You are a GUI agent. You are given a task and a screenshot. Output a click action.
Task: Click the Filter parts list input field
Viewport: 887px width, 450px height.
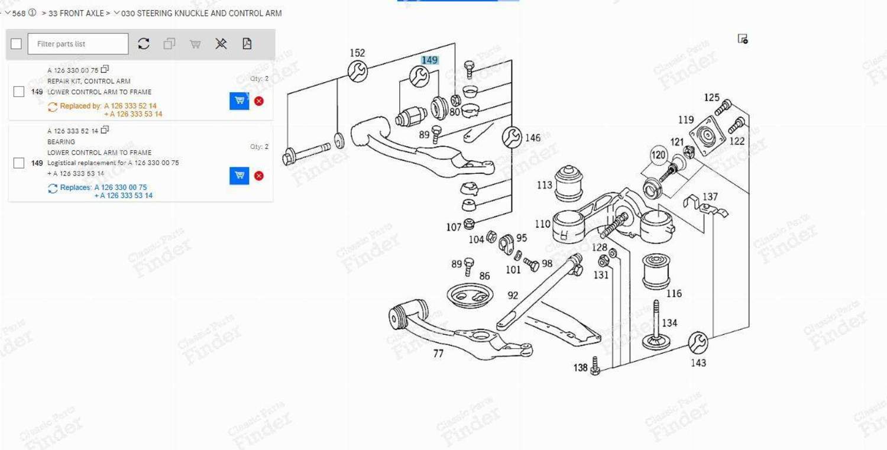pyautogui.click(x=77, y=44)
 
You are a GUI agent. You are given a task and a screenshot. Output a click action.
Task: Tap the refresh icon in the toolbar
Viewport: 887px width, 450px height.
pyautogui.click(x=144, y=44)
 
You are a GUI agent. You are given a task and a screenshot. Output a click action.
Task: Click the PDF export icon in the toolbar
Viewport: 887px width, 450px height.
pyautogui.click(x=247, y=44)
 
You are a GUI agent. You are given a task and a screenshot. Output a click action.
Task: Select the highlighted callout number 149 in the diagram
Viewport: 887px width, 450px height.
pyautogui.click(x=429, y=60)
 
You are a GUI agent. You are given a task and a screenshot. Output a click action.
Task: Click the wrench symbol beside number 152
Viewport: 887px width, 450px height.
pyautogui.click(x=357, y=72)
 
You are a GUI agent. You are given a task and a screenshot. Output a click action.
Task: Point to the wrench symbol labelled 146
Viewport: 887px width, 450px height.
pyautogui.click(x=512, y=137)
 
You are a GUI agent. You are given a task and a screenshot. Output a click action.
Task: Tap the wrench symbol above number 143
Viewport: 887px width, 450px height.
pyautogui.click(x=698, y=342)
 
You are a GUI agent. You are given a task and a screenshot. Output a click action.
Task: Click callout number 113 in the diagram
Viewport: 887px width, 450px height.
pyautogui.click(x=544, y=185)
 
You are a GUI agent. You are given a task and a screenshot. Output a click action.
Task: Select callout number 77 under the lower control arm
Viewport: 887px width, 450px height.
pyautogui.click(x=438, y=354)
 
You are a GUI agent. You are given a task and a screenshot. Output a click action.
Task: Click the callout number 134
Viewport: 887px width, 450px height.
pyautogui.click(x=669, y=323)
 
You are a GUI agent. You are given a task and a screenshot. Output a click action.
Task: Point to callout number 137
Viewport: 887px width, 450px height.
pyautogui.click(x=710, y=196)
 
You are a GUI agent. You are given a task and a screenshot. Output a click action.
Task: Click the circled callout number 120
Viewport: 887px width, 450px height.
pyautogui.click(x=658, y=156)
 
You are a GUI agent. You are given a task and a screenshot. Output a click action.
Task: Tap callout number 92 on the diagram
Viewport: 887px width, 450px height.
pyautogui.click(x=513, y=294)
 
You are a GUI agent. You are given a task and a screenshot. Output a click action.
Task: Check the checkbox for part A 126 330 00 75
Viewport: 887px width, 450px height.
pyautogui.click(x=19, y=92)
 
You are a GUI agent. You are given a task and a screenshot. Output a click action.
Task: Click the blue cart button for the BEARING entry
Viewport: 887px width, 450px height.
pyautogui.click(x=239, y=176)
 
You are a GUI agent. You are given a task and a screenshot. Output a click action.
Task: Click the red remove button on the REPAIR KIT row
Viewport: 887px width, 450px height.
pyautogui.click(x=258, y=101)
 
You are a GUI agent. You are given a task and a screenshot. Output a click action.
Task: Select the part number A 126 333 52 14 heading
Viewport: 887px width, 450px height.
pyautogui.click(x=73, y=131)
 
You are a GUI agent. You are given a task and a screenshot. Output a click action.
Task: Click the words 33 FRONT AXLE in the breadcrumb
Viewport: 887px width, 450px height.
pyautogui.click(x=76, y=13)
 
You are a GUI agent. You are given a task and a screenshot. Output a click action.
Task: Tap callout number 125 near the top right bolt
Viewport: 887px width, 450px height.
pyautogui.click(x=711, y=98)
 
